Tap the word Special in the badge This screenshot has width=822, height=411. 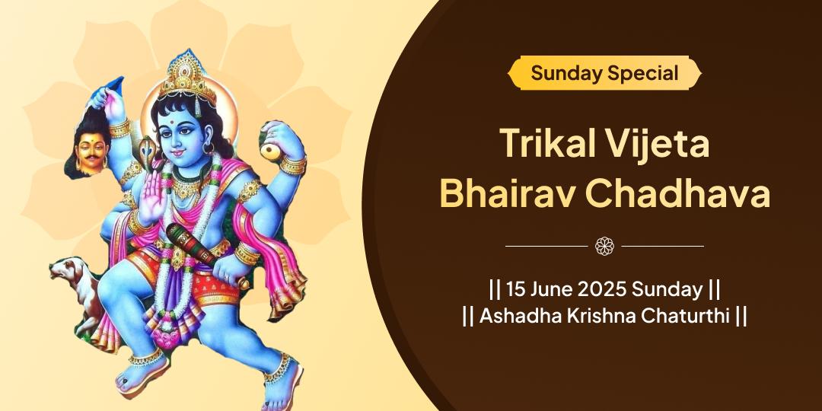pos(642,73)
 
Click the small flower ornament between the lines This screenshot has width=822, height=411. pos(604,246)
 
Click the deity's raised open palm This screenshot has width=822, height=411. pos(152,197)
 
